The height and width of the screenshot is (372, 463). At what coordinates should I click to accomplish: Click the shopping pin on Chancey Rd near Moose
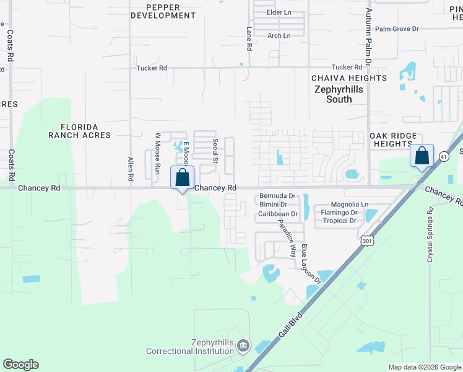[x=183, y=177]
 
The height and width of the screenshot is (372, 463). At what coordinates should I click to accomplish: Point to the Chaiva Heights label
[x=348, y=78]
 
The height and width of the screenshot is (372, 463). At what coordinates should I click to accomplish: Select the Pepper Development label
[x=163, y=11]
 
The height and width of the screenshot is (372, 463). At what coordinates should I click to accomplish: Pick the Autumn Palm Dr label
[x=368, y=37]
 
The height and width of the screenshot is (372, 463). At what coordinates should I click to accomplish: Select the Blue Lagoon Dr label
[x=312, y=263]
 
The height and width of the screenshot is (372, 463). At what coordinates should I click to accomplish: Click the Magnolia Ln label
[x=350, y=205]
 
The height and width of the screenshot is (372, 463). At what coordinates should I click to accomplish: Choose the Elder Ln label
[x=279, y=12]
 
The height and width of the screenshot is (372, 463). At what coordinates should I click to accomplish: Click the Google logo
[x=20, y=365]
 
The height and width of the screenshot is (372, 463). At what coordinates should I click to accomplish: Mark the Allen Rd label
[x=131, y=169]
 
